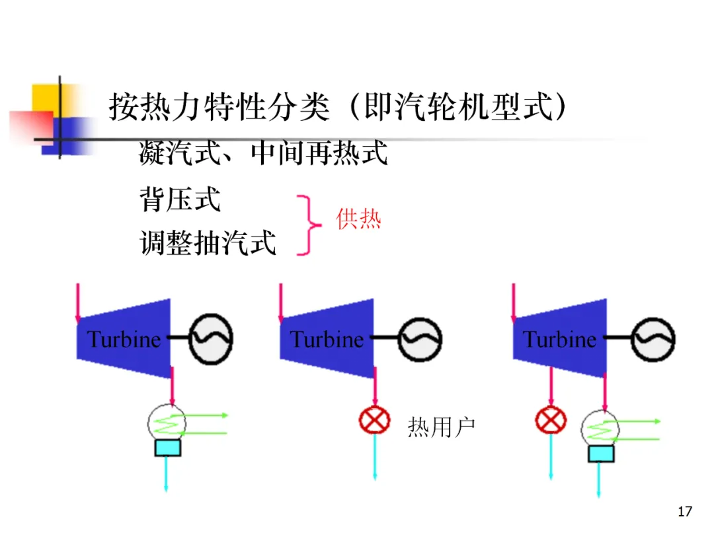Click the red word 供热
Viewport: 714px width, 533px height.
click(x=359, y=219)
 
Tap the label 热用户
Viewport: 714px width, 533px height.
click(x=441, y=427)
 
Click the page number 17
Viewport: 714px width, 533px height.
click(x=685, y=511)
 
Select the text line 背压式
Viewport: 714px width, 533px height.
click(x=180, y=199)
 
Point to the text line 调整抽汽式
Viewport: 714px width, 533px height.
click(x=208, y=243)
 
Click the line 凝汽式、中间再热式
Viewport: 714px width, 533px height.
click(x=262, y=154)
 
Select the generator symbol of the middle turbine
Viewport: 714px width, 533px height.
click(x=420, y=339)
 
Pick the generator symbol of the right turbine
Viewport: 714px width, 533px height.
click(x=653, y=339)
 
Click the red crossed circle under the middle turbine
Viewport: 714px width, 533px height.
click(x=374, y=419)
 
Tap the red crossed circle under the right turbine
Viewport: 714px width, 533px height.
click(x=550, y=419)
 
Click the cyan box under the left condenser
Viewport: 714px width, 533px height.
click(x=167, y=447)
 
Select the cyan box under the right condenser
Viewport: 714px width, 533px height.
click(x=601, y=454)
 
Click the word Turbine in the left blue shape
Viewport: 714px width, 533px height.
click(x=124, y=339)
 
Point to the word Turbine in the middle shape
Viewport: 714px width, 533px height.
click(x=327, y=339)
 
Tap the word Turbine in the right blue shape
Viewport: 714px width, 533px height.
click(x=559, y=339)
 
